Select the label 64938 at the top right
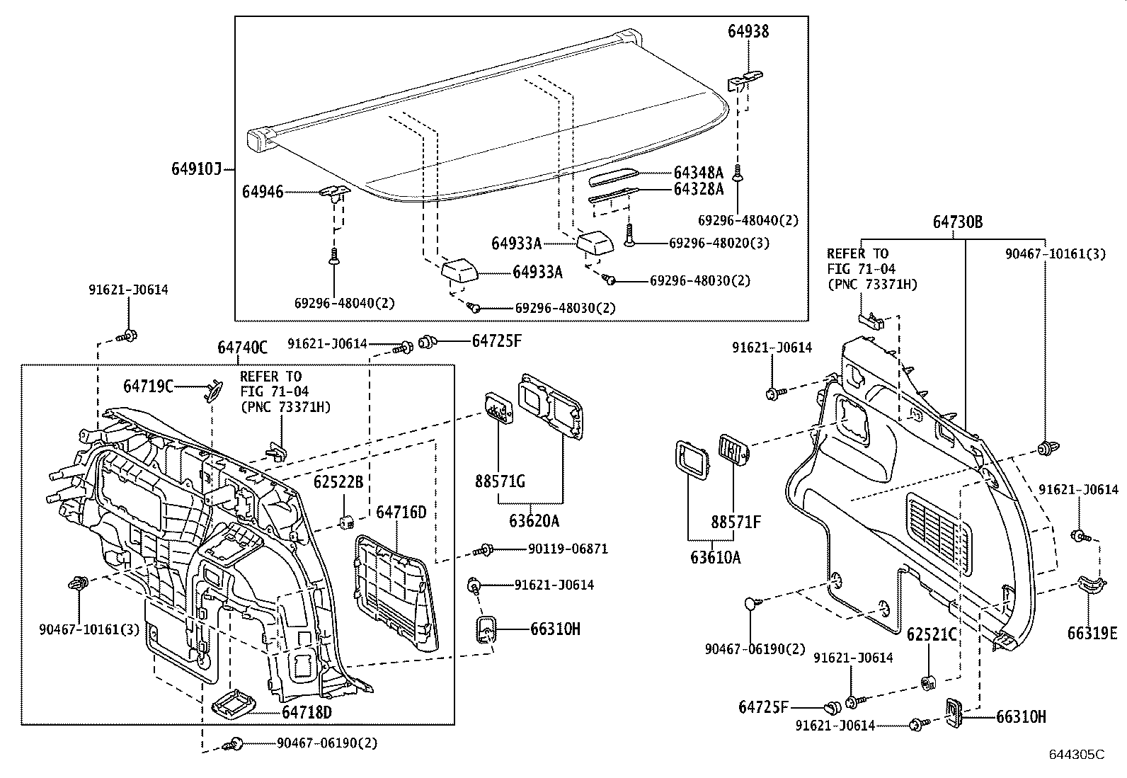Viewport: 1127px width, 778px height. [748, 31]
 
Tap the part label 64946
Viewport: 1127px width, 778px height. [262, 192]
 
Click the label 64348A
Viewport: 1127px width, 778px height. [698, 173]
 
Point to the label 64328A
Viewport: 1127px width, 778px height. [698, 189]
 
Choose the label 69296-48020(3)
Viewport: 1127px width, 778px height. [719, 243]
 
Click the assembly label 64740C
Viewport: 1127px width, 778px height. [242, 348]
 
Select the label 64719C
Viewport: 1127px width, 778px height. [148, 387]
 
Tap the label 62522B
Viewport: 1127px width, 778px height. [338, 482]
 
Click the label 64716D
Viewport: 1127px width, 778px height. [401, 512]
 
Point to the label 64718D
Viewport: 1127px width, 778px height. [307, 711]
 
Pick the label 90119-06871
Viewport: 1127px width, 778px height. [567, 549]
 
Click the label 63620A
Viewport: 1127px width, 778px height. [534, 521]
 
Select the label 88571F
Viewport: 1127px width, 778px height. [736, 522]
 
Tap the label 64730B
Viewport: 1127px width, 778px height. [957, 222]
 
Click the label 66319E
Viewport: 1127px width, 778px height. [1092, 633]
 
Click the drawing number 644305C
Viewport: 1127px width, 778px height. [1076, 755]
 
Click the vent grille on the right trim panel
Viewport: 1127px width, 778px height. [939, 525]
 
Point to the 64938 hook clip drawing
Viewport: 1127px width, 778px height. [746, 79]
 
